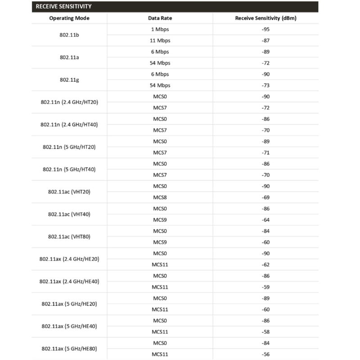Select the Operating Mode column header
[69, 18]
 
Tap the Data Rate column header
[160, 18]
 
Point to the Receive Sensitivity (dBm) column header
[265, 18]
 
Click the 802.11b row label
[69, 35]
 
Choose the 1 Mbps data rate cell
[160, 29]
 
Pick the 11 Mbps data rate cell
[160, 40]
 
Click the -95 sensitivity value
[265, 29]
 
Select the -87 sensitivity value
[265, 40]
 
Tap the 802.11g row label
[69, 80]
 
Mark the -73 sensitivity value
[265, 85]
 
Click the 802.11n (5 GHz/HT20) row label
[69, 147]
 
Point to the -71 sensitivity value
[265, 153]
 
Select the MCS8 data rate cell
[160, 198]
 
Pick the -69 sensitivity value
[265, 198]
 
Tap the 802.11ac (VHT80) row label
[69, 237]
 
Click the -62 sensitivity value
[265, 265]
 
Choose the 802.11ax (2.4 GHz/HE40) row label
[69, 281]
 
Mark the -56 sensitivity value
[265, 354]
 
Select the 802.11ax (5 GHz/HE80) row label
[69, 349]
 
